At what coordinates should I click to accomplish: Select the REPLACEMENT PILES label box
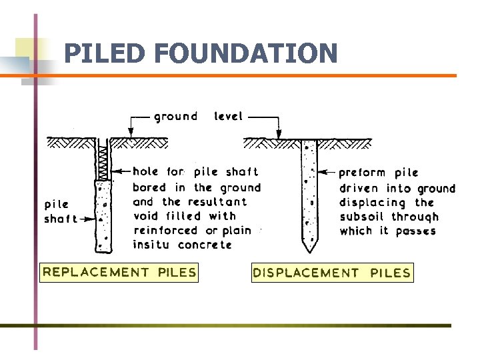pos(119,272)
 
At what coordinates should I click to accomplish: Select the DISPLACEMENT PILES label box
pos(332,273)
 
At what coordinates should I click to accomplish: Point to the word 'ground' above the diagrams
pos(176,117)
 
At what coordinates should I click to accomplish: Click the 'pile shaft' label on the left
pos(59,211)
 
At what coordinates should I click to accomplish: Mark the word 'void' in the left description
pos(145,216)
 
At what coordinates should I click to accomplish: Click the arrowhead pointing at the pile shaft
pos(91,218)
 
